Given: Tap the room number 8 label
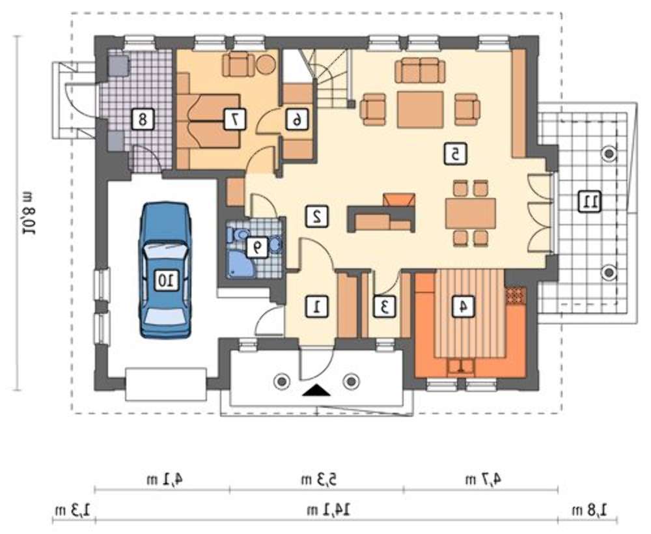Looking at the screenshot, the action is (143, 120).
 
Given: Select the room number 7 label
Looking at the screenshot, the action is (234, 120).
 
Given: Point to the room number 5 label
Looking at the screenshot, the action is (455, 154).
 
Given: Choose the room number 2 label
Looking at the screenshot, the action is (318, 216).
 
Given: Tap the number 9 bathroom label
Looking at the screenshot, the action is (257, 248).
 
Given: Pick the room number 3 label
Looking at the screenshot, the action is (385, 307).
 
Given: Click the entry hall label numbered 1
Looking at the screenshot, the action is (318, 307).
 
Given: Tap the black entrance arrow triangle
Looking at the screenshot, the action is (316, 391).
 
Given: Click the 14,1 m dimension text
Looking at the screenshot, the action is (329, 509).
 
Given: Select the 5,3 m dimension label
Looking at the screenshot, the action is (319, 479).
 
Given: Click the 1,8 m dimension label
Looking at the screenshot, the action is (590, 509).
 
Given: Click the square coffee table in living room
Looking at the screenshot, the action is (420, 109).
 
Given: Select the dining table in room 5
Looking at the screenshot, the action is (471, 213).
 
